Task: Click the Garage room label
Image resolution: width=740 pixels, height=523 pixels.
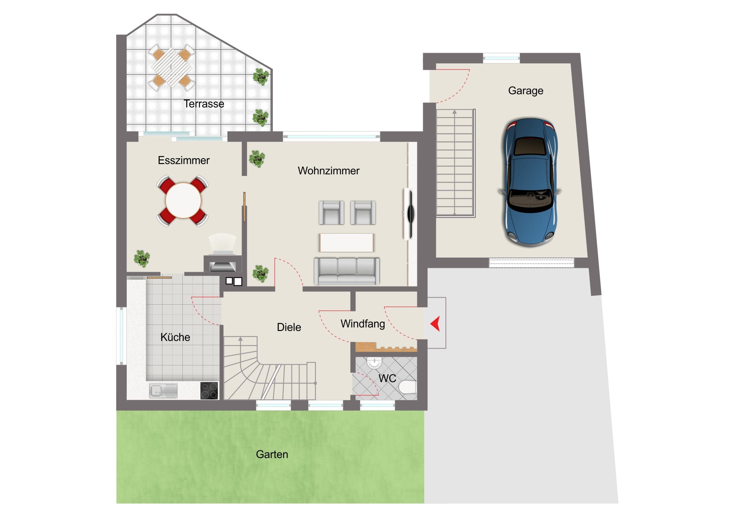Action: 526,91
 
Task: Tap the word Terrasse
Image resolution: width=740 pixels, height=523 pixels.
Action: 204,104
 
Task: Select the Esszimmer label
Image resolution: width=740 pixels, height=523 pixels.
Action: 184,160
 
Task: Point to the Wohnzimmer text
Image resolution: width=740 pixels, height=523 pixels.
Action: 328,170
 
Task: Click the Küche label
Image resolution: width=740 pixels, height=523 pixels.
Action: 175,337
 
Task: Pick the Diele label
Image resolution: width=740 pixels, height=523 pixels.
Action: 289,327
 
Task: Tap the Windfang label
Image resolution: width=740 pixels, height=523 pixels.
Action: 363,324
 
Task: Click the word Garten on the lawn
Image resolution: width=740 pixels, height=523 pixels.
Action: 272,454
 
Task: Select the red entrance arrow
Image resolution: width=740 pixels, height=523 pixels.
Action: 436,324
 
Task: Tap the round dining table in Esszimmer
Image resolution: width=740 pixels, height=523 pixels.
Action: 183,200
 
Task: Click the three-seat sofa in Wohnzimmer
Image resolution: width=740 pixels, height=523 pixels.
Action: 347,271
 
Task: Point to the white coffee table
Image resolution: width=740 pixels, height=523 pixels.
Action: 347,243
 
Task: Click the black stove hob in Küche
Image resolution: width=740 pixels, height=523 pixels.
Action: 209,390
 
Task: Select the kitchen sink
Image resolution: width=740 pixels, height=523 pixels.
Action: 163,390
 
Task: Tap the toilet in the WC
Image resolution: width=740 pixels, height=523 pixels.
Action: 407,387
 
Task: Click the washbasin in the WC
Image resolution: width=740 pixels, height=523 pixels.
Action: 374,362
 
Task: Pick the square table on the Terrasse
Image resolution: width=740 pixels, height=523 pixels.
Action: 172,68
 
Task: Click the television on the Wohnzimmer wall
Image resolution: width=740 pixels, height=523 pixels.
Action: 410,214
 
